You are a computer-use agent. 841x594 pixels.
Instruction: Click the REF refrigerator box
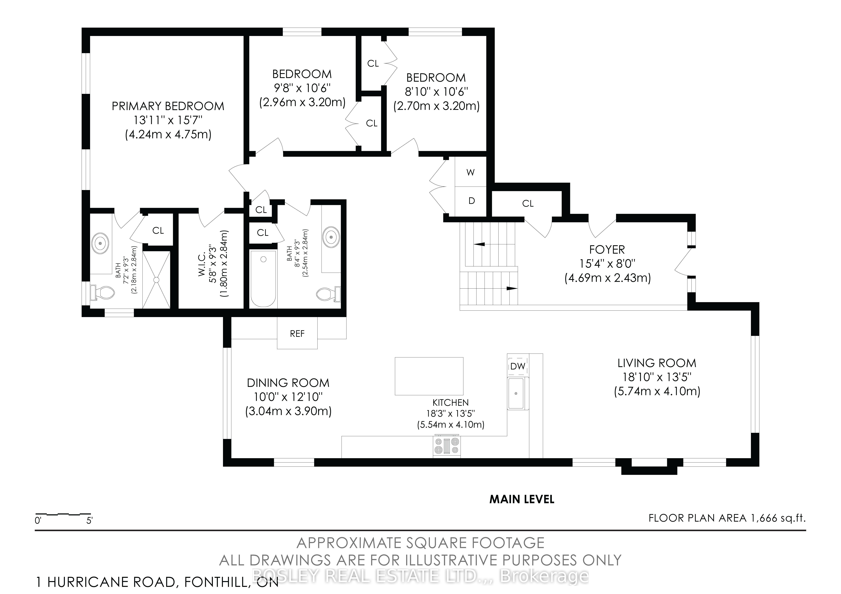click(x=297, y=333)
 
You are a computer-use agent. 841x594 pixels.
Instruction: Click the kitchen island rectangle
click(x=429, y=376)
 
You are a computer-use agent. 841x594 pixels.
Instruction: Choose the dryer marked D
click(x=471, y=201)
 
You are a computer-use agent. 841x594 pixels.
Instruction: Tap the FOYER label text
click(x=607, y=250)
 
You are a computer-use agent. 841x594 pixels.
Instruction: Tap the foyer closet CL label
click(x=528, y=204)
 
